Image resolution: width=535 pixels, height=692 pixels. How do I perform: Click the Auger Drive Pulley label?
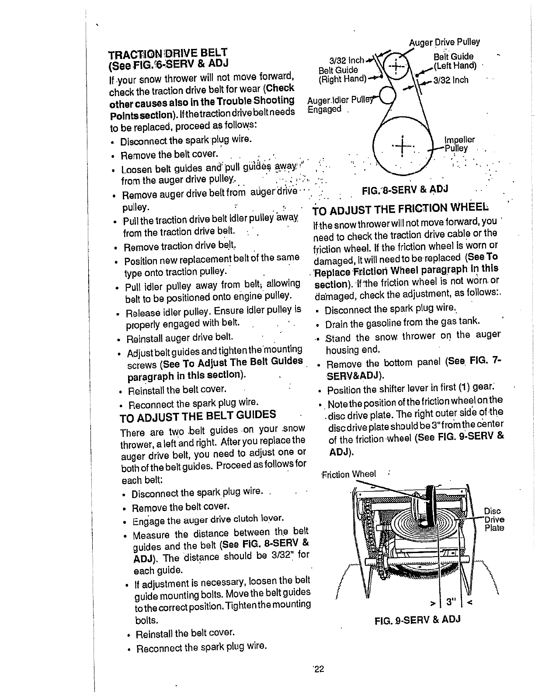point(444,42)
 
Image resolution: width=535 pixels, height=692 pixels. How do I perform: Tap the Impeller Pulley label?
point(458,144)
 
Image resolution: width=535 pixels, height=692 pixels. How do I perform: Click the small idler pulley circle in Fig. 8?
point(388,95)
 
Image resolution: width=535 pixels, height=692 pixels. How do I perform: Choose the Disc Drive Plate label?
point(494,519)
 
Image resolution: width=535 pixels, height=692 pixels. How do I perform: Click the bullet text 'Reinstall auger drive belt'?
point(179,338)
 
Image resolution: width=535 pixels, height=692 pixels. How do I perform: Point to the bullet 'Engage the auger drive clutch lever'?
point(208,519)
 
